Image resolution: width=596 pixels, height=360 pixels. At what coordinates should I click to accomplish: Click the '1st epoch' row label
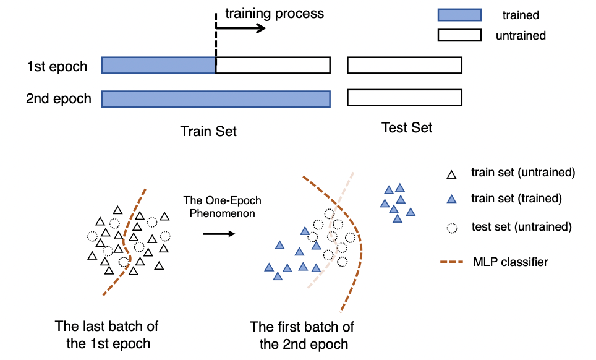[x=57, y=66]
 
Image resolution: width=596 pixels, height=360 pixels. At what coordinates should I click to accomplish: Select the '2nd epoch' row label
[x=59, y=98]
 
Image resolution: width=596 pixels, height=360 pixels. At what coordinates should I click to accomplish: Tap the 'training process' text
[x=275, y=14]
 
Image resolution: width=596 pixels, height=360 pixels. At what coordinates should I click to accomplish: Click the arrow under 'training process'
[x=241, y=28]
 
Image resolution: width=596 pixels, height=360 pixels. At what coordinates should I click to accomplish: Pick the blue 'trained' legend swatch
[x=459, y=15]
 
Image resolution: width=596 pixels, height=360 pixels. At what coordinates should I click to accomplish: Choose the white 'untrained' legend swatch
[x=459, y=35]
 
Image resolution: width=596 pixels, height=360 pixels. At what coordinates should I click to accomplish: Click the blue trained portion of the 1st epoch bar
[x=158, y=66]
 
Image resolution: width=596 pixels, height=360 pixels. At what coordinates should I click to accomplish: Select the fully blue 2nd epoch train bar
[x=216, y=99]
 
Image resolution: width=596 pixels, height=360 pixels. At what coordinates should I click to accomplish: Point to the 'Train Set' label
[x=208, y=131]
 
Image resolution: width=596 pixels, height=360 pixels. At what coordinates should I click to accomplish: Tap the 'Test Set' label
[x=407, y=127]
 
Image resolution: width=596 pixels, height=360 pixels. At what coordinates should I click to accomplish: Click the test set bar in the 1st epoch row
[x=404, y=65]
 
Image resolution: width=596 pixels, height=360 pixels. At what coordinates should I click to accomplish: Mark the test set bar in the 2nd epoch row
[x=404, y=97]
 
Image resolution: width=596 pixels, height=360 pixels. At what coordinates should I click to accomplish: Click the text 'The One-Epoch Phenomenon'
[x=223, y=207]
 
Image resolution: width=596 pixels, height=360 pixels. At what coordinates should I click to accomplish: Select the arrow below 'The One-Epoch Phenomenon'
[x=219, y=234]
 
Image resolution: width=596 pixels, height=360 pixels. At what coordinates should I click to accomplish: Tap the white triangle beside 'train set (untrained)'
[x=451, y=174]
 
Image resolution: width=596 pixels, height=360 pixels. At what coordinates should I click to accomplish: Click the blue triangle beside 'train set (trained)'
[x=451, y=199]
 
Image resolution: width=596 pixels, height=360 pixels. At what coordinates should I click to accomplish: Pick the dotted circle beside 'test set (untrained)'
[x=451, y=228]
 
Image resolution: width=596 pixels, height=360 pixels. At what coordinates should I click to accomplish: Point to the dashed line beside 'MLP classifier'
[x=451, y=262]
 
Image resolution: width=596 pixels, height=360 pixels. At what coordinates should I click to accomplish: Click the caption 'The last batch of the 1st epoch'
[x=107, y=335]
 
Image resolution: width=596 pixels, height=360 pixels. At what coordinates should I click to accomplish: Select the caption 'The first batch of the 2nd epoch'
[x=302, y=335]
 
